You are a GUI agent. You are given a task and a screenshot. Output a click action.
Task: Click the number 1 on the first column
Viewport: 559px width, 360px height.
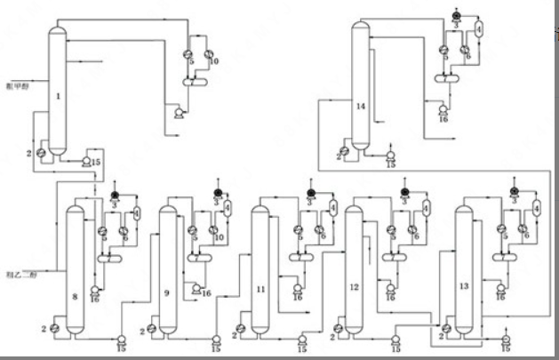pyautogui.click(x=58, y=96)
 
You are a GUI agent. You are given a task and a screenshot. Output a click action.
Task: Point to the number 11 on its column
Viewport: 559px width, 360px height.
pyautogui.click(x=260, y=289)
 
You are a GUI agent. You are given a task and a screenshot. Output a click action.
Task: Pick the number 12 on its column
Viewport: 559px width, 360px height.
pyautogui.click(x=355, y=288)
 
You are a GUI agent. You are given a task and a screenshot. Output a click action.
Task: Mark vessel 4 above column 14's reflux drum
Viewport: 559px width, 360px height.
pyautogui.click(x=478, y=28)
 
